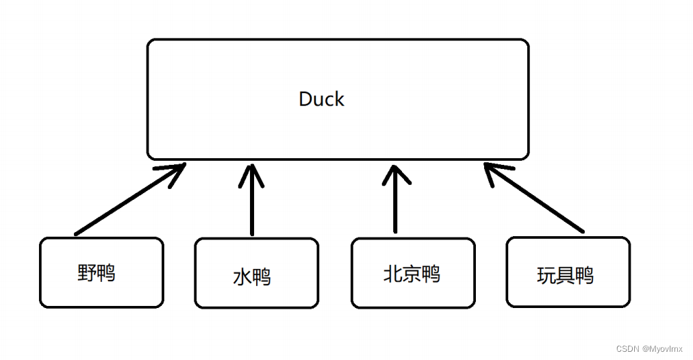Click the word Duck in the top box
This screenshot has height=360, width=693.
click(x=321, y=99)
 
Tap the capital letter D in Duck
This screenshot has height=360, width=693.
click(x=305, y=99)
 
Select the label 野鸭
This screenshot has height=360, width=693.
click(x=97, y=273)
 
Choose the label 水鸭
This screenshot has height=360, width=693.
click(x=252, y=277)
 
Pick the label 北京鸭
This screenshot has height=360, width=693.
click(x=411, y=274)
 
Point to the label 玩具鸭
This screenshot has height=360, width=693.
click(x=565, y=276)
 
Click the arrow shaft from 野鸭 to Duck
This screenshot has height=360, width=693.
click(x=123, y=203)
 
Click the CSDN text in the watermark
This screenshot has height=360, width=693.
click(x=627, y=348)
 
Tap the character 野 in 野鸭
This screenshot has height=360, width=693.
click(x=87, y=273)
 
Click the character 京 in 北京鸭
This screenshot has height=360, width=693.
click(x=411, y=274)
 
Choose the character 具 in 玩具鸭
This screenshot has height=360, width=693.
click(x=565, y=276)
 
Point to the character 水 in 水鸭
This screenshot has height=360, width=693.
click(x=242, y=277)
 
